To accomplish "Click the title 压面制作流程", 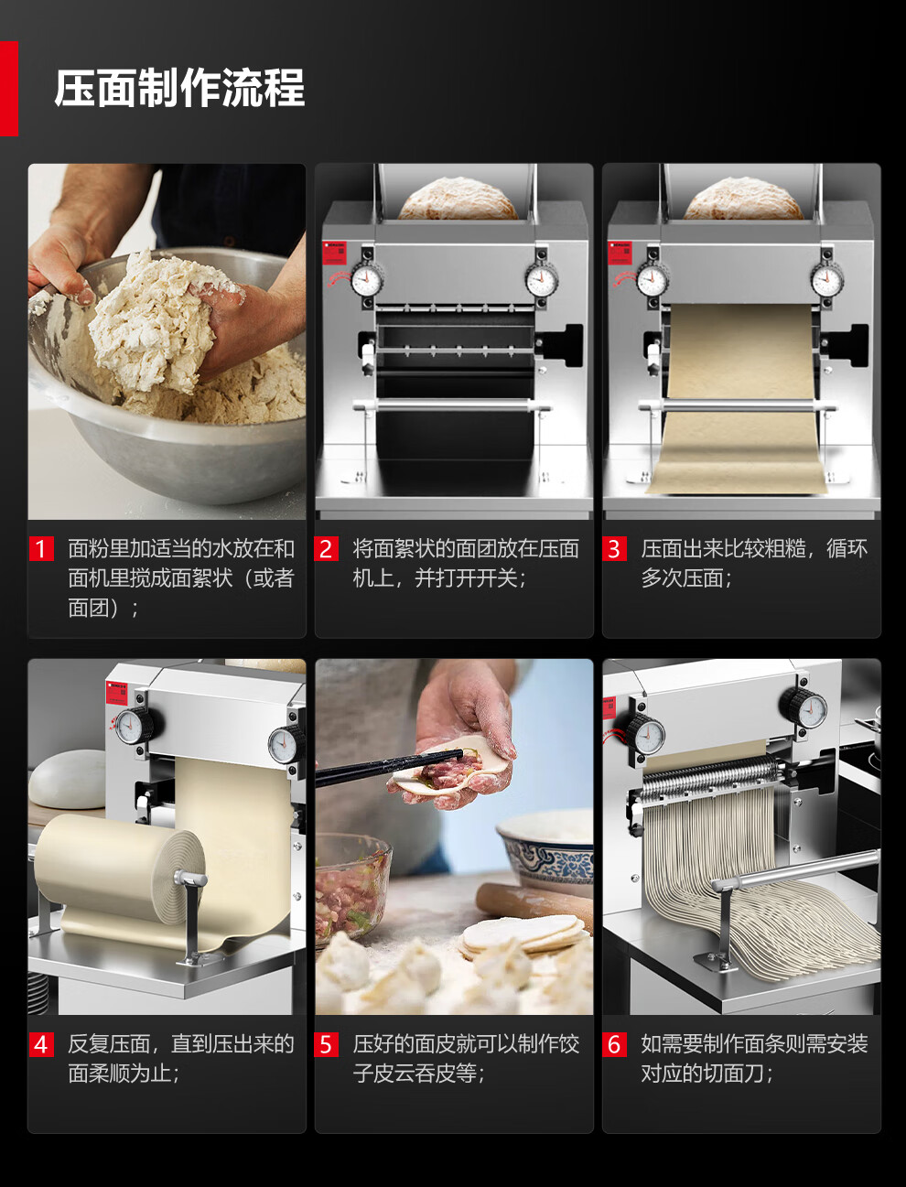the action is [x=179, y=88].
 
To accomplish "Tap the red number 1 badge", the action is [x=41, y=549].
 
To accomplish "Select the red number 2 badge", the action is [x=326, y=549].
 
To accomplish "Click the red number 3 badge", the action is [x=614, y=549].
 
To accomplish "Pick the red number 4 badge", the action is [x=41, y=1044].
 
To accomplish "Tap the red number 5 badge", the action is [x=326, y=1044].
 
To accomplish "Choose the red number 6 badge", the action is [x=614, y=1044].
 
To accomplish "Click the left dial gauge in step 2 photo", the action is [x=366, y=280].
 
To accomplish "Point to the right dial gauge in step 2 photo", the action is [x=542, y=280].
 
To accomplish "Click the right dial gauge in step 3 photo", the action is [x=827, y=280].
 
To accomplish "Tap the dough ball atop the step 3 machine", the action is [x=744, y=199].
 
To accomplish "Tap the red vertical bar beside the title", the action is [x=9, y=89].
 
